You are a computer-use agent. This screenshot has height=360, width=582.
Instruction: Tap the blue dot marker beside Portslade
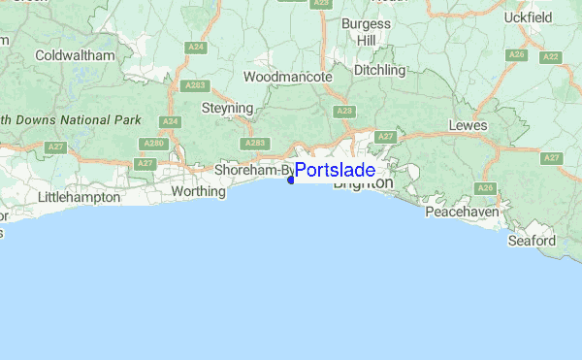(x=291, y=179)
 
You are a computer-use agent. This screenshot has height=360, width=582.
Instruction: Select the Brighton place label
(x=364, y=183)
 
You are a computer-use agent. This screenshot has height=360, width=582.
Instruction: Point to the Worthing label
(x=198, y=191)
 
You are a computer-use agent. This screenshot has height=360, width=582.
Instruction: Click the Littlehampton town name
(x=79, y=197)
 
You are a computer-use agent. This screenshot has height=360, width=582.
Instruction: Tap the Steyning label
(x=227, y=108)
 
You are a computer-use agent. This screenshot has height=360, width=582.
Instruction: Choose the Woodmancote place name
(x=287, y=76)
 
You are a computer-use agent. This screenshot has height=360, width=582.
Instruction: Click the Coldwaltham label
(x=75, y=55)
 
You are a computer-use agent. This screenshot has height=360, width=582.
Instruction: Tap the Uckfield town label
(x=529, y=17)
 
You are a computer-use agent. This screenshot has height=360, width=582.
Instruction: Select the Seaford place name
(x=533, y=240)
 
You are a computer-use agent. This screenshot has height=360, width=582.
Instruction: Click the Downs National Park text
(x=73, y=119)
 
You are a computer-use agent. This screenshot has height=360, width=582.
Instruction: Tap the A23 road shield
(x=344, y=112)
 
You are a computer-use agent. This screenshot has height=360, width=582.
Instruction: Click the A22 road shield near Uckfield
(x=551, y=57)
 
